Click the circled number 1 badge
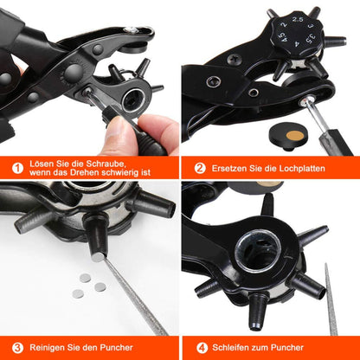[17, 168]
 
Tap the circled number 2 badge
[200, 168]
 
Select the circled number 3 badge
[17, 348]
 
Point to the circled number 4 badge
[202, 348]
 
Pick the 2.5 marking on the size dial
[298, 20]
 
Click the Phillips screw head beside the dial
[234, 60]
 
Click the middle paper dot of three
[100, 286]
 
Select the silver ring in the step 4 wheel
[258, 250]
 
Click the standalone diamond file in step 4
[331, 299]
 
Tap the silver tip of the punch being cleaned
[98, 256]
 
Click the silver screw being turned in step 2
[304, 102]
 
